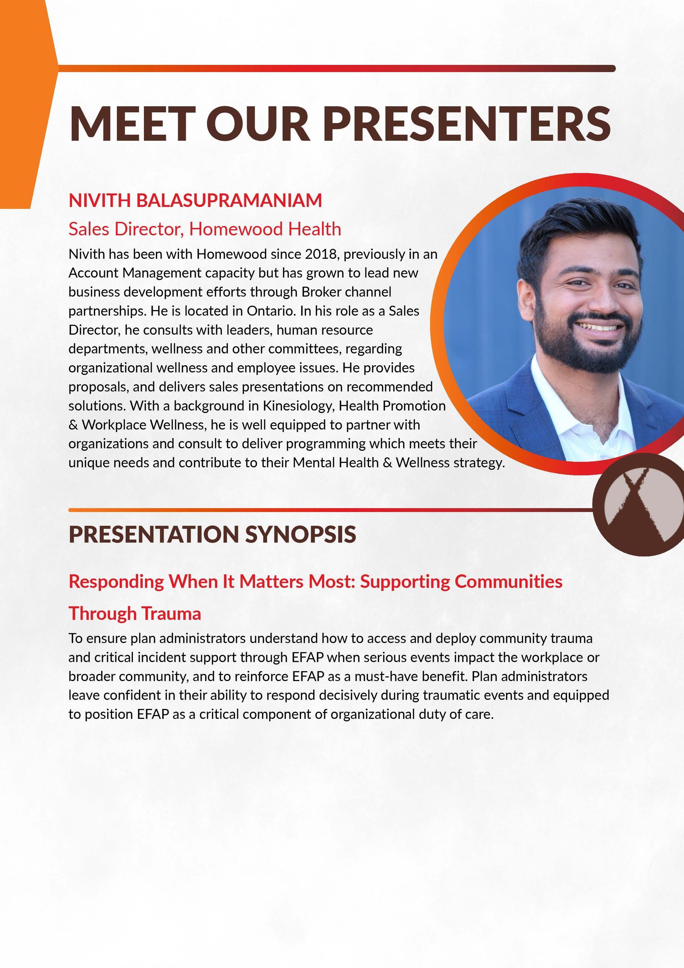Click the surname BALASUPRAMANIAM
(229, 200)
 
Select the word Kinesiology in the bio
(299, 406)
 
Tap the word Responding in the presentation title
(116, 582)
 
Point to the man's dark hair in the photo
(582, 228)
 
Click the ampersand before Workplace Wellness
(73, 425)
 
